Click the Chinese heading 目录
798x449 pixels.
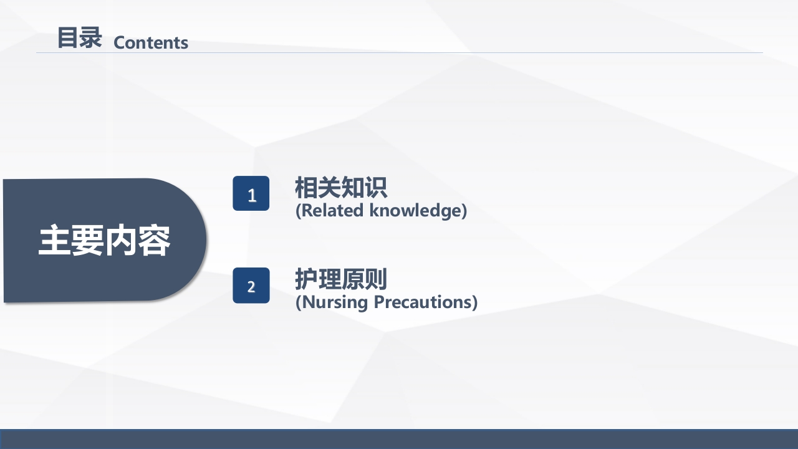click(x=79, y=37)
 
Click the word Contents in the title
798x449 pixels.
click(x=151, y=42)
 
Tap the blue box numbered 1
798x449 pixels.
click(x=251, y=193)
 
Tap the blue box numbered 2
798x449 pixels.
click(x=251, y=286)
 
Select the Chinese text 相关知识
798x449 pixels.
click(x=341, y=187)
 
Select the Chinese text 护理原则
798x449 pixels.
click(x=341, y=279)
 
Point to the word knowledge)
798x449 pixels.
click(x=418, y=211)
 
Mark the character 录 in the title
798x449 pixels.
click(x=91, y=37)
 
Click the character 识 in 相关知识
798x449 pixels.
click(x=375, y=187)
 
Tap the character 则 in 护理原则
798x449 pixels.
click(x=375, y=279)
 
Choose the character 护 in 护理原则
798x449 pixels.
click(x=306, y=279)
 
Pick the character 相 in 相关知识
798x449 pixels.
click(x=306, y=187)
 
